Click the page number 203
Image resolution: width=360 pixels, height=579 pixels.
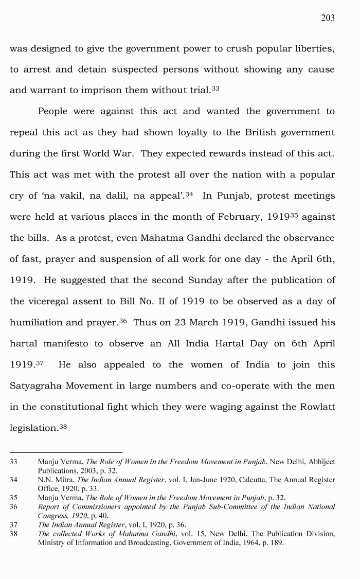point(328,18)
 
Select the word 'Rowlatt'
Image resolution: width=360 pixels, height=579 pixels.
point(314,407)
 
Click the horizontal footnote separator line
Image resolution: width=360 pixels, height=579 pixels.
point(66,452)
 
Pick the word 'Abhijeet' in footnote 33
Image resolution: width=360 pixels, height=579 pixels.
point(319,462)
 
